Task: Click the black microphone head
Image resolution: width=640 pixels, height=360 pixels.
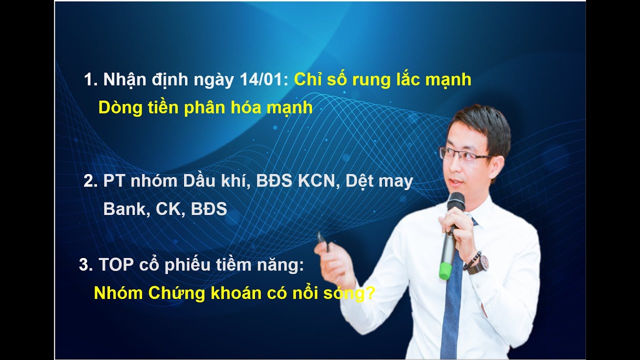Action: pos(455,202)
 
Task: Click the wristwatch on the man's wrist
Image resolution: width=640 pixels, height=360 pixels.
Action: pos(480,263)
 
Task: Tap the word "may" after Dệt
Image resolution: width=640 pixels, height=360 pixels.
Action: pos(395,182)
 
